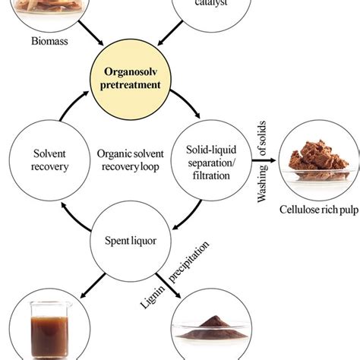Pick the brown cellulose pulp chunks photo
313,159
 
